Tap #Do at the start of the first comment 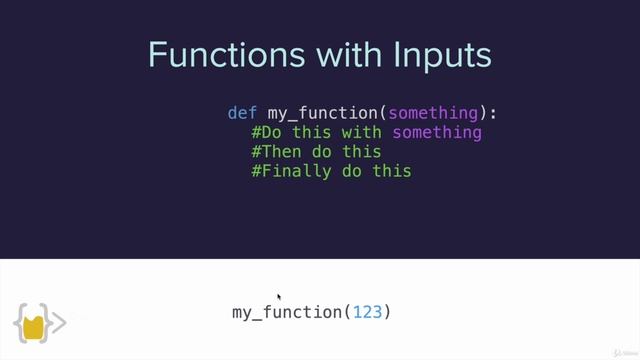point(267,132)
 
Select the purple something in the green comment point(437,132)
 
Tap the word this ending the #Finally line point(392,171)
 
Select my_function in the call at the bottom point(287,313)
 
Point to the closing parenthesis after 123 point(388,312)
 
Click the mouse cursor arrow point(279,297)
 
